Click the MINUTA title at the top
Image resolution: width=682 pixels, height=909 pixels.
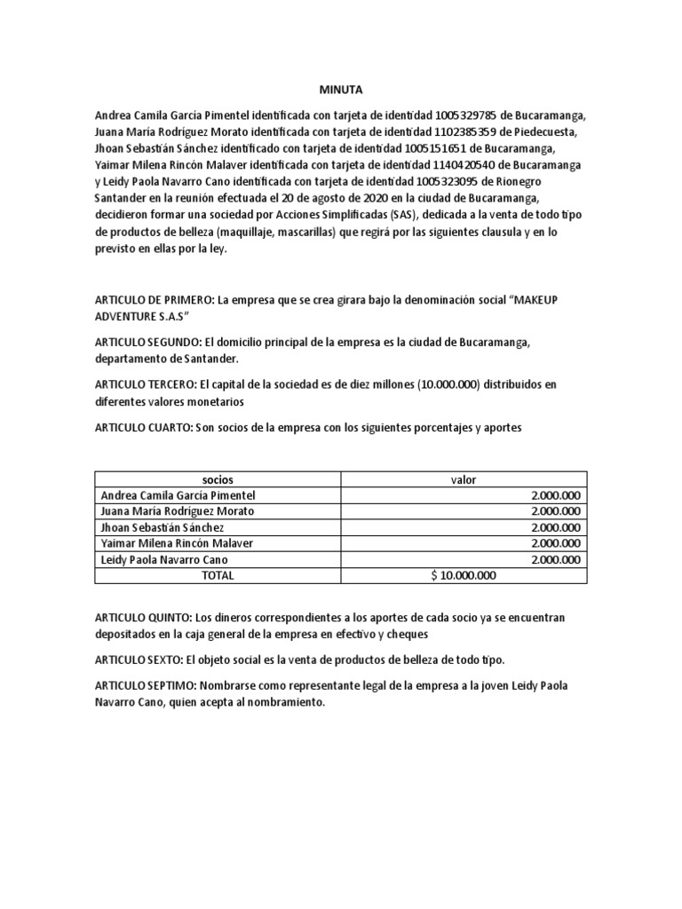tap(340, 90)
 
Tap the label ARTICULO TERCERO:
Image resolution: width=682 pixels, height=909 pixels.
tap(147, 384)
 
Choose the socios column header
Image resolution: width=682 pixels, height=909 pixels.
tap(218, 479)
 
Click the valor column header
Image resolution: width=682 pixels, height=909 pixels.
tap(464, 479)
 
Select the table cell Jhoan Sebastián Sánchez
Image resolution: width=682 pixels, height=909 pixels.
tap(164, 527)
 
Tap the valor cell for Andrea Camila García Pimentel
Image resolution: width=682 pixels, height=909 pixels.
tap(555, 495)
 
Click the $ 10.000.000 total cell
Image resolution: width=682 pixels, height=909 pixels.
tap(464, 575)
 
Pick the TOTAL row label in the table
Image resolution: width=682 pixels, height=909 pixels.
tap(218, 575)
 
